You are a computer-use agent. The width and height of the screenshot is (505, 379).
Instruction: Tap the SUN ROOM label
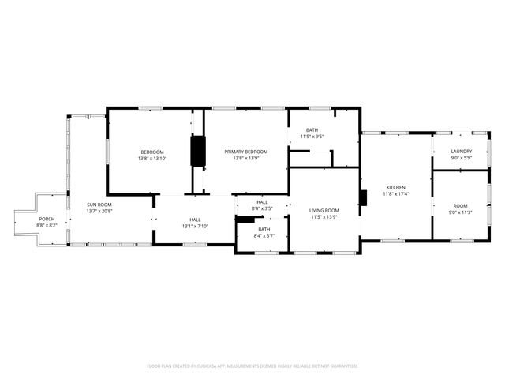[99, 205]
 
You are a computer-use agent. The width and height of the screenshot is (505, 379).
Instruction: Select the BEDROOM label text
[152, 152]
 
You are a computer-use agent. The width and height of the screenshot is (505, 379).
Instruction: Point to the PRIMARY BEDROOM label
[245, 152]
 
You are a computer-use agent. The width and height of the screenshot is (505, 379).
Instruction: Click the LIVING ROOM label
[324, 210]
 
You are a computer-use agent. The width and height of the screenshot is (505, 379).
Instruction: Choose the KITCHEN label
[395, 187]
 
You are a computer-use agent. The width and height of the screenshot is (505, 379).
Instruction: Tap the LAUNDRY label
[462, 152]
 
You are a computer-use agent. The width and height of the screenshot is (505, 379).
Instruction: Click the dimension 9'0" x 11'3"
[460, 212]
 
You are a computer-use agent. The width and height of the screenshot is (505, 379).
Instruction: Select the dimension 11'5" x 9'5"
[312, 136]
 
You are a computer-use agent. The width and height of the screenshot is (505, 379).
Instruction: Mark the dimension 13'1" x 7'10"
[195, 226]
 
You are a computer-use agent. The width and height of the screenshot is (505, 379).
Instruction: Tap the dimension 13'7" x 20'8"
[99, 211]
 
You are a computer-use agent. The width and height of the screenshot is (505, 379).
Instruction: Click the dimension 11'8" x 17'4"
[395, 193]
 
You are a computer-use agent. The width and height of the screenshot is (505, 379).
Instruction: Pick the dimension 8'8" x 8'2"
[47, 226]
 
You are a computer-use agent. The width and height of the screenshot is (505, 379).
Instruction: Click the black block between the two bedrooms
[198, 151]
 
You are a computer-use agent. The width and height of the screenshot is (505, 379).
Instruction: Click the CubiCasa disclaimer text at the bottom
[252, 366]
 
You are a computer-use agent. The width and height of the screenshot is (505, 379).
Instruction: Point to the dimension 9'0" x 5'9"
[462, 157]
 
